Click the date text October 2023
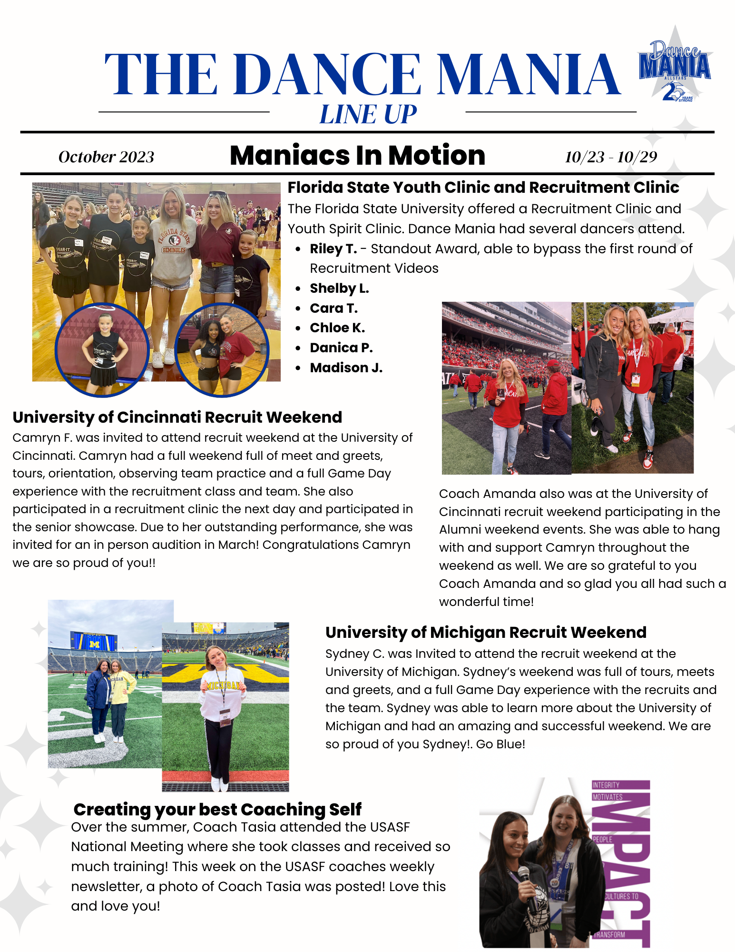[106, 157]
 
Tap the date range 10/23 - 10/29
[611, 157]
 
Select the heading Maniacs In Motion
[357, 155]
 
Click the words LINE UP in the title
[368, 115]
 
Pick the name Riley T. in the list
[333, 248]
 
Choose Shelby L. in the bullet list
[339, 288]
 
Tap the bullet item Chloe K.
[337, 328]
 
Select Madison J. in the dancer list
[346, 368]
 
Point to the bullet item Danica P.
[341, 348]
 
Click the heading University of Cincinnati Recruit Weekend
[177, 417]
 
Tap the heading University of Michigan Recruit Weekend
[486, 632]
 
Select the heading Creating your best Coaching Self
[217, 809]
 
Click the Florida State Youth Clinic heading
[483, 188]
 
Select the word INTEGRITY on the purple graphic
[606, 785]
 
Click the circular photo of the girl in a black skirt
[102, 349]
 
